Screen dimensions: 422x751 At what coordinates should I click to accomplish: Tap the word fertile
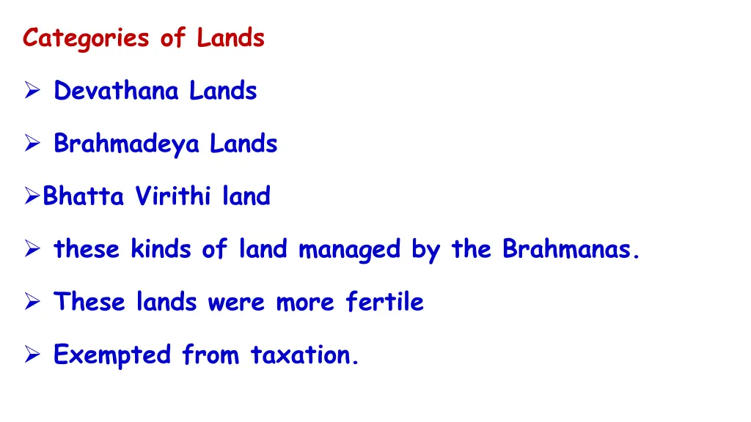pos(385,302)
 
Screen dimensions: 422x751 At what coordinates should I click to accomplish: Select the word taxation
pos(305,355)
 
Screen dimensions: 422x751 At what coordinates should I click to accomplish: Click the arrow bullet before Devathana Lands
pos(32,92)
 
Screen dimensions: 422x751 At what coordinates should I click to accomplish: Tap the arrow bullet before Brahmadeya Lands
pos(32,144)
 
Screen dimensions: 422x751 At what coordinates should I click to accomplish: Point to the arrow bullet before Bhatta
pos(32,197)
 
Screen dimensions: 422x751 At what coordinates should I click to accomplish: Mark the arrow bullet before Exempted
pos(32,356)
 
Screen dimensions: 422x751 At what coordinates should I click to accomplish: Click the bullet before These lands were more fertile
pos(32,303)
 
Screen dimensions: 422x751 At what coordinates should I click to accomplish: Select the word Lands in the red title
pos(230,38)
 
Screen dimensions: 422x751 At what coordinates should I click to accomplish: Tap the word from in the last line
pos(210,355)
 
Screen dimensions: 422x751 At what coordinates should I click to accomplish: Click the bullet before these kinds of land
pos(32,251)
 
